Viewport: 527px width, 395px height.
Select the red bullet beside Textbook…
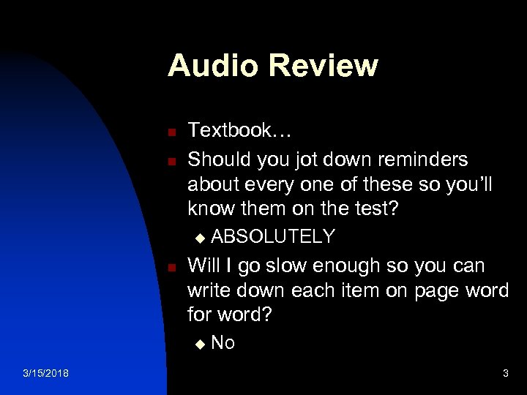tap(169, 133)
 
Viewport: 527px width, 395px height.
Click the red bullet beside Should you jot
tap(169, 161)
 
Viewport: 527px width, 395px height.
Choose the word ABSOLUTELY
tap(273, 236)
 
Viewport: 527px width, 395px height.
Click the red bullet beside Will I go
tap(169, 268)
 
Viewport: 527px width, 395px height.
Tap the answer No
tap(223, 343)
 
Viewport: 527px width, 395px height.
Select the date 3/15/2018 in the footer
tap(45, 374)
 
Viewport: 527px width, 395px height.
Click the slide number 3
tap(505, 374)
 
